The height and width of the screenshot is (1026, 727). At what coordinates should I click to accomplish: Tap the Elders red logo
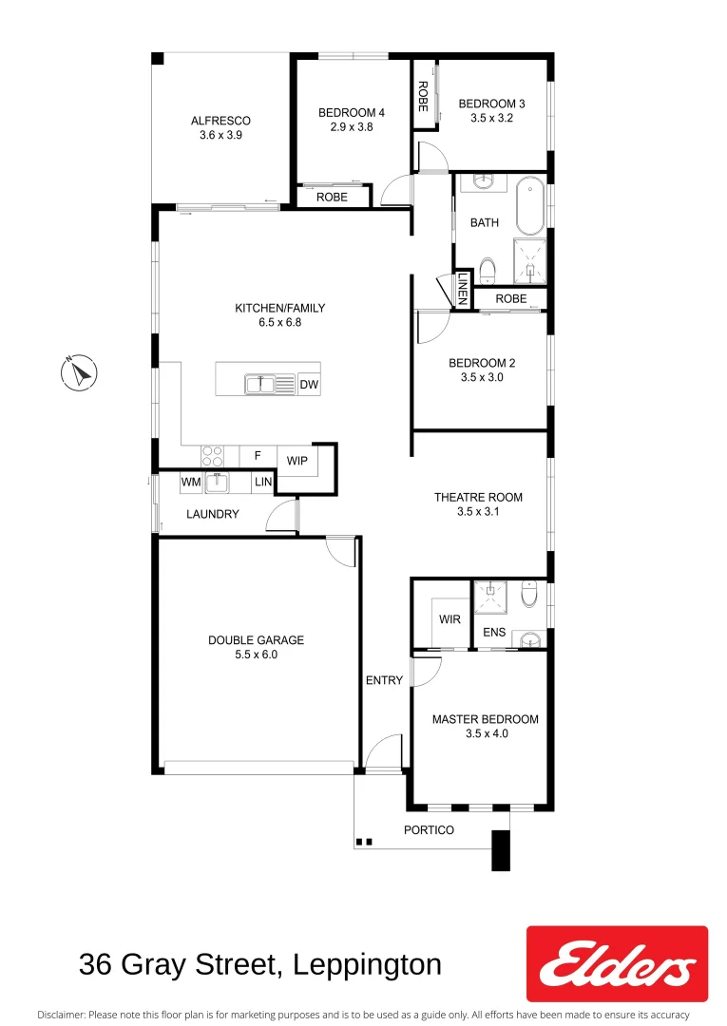click(x=616, y=963)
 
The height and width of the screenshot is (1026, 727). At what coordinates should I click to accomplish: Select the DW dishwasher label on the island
click(x=308, y=385)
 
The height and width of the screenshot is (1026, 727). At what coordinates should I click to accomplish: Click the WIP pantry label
click(x=297, y=461)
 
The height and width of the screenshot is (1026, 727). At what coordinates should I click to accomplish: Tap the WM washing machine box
click(x=191, y=483)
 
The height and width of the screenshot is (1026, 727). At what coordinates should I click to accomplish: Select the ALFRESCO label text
click(x=220, y=121)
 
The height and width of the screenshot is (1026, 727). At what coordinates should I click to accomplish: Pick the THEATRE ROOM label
click(x=478, y=497)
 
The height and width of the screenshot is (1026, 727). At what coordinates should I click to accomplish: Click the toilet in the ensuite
click(x=529, y=595)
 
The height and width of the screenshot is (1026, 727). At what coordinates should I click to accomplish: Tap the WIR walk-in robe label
click(x=450, y=619)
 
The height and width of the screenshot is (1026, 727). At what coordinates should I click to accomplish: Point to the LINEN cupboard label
click(x=462, y=290)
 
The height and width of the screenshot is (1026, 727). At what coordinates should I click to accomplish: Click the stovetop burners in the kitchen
click(x=212, y=456)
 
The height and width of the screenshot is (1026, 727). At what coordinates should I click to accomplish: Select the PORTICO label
click(x=430, y=830)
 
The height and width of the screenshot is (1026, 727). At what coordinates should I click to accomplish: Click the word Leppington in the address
click(x=368, y=965)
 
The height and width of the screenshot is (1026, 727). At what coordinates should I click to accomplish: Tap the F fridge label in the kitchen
click(x=257, y=456)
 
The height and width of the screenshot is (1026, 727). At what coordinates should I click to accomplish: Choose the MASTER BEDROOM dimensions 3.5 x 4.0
click(x=485, y=733)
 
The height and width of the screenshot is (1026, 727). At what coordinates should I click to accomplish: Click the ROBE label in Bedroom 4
click(x=332, y=198)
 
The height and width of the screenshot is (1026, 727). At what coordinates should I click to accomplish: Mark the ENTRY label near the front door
click(x=384, y=680)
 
